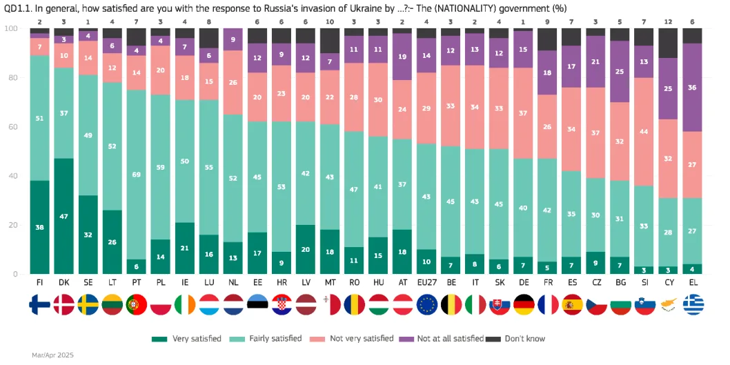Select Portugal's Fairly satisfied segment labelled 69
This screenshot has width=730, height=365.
click(137, 175)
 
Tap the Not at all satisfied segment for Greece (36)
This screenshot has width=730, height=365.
click(692, 88)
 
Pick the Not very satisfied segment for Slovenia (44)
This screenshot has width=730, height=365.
click(644, 132)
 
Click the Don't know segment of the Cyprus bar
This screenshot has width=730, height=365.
click(668, 43)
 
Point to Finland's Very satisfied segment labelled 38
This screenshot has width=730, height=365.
click(40, 227)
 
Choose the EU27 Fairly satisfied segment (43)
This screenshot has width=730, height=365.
click(426, 197)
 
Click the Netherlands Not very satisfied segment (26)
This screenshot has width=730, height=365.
click(233, 82)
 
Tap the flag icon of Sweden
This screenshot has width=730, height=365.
click(88, 304)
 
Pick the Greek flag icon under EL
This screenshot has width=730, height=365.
click(692, 304)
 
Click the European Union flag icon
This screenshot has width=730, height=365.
click(426, 304)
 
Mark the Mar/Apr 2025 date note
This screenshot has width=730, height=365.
click(52, 355)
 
